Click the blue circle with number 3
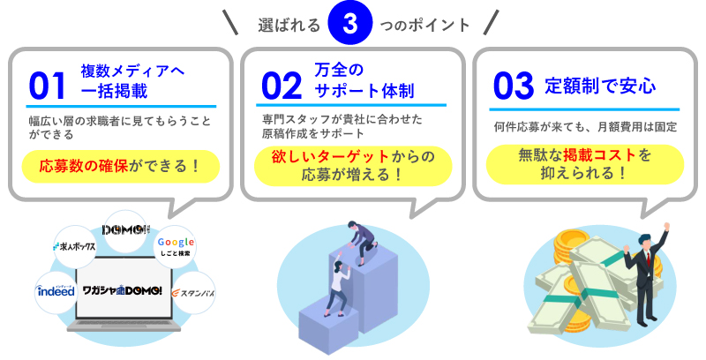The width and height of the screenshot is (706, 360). click(349, 23)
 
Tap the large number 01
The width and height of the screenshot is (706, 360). click(48, 86)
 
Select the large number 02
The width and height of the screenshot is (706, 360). click(282, 86)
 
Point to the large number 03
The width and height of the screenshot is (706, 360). click(514, 86)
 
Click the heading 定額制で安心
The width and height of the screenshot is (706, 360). click(600, 86)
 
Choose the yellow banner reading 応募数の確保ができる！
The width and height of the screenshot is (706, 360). click(121, 167)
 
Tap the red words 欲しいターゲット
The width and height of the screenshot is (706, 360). click(330, 156)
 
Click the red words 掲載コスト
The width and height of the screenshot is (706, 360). click(600, 155)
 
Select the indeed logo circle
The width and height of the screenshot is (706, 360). click(56, 291)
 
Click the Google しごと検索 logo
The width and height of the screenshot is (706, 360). click(176, 246)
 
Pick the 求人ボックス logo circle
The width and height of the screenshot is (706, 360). click(75, 246)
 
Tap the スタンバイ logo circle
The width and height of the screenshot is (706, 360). click(193, 293)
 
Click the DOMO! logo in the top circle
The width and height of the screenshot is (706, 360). click(125, 230)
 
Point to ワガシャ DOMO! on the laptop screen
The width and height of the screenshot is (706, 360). click(123, 291)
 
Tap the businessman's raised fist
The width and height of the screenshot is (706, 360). click(666, 227)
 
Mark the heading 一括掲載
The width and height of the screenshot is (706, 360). click(114, 91)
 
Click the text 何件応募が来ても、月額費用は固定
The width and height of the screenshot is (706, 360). click(585, 127)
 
